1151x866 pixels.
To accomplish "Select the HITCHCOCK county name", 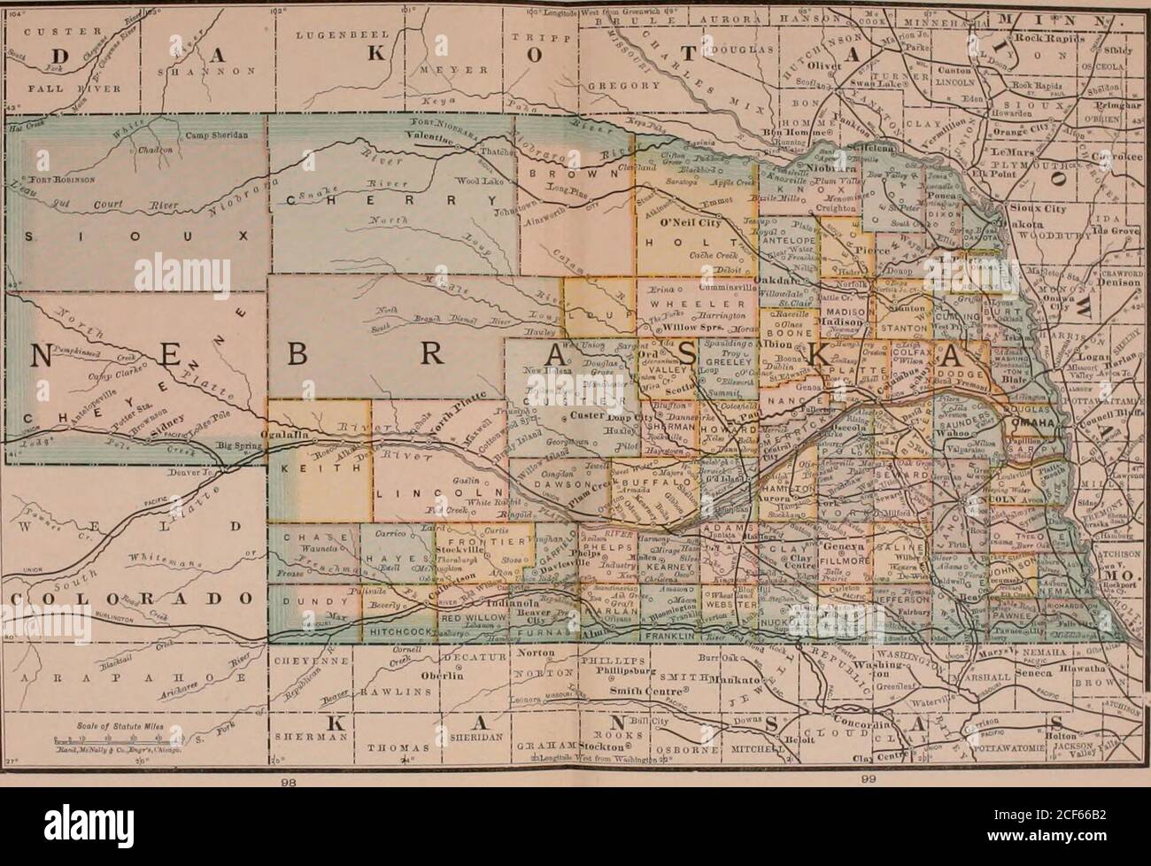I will click(x=398, y=630).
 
